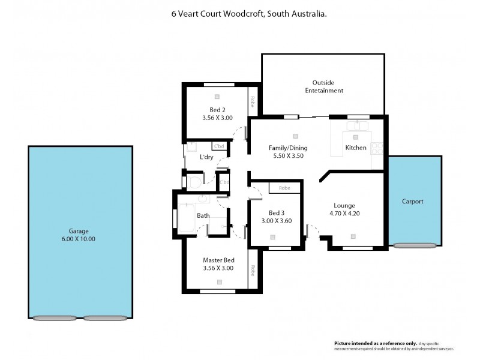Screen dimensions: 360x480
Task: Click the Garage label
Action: click(78, 230)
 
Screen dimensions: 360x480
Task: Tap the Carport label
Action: click(412, 202)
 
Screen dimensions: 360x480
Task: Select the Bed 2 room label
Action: click(217, 110)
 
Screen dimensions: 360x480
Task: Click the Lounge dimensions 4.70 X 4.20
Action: click(344, 214)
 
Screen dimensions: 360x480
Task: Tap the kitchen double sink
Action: click(359, 127)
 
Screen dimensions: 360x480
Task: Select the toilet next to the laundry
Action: click(194, 181)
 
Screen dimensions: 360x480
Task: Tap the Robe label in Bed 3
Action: click(285, 188)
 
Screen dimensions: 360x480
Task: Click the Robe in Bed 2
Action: click(253, 101)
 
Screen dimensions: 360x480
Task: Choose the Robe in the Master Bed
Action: click(253, 270)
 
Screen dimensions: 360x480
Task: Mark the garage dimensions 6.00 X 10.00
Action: click(78, 239)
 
